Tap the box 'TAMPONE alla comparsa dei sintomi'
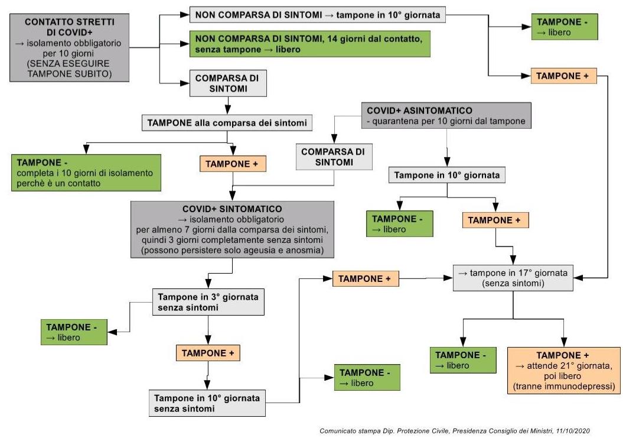(227, 123)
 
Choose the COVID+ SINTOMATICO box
(232, 229)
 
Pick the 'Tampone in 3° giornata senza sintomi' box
(208, 301)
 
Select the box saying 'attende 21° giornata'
(564, 371)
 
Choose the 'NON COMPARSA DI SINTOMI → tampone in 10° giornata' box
(317, 14)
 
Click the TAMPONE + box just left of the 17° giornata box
(366, 278)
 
